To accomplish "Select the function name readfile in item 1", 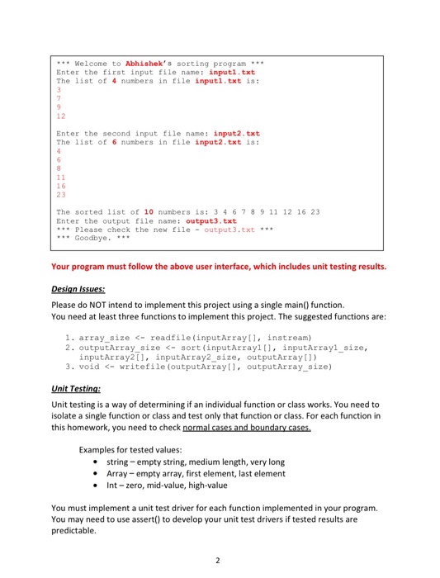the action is point(164,338).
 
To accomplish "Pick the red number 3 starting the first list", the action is point(58,88).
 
